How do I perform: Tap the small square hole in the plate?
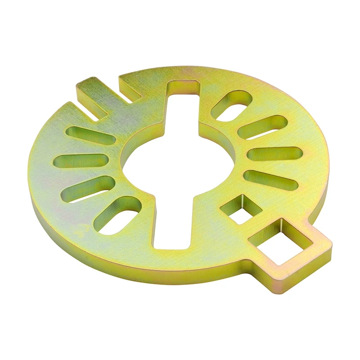pos(241,209)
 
